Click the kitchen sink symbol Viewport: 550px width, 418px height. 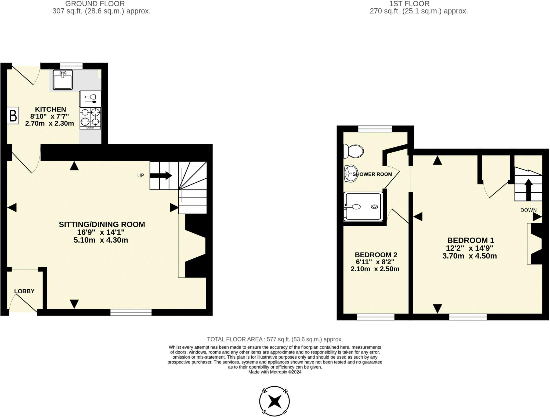tap(63, 80)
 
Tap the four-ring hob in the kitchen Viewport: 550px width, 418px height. tap(90, 118)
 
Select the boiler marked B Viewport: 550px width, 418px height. tap(13, 116)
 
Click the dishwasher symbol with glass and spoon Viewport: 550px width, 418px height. tap(90, 99)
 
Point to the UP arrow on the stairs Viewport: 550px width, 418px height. tap(161, 175)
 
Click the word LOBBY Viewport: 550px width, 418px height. tap(24, 291)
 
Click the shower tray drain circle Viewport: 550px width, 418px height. tap(374, 207)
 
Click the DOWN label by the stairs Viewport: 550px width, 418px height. tap(528, 210)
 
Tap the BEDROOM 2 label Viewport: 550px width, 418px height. tap(376, 255)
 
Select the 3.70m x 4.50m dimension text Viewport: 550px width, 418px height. tap(469, 256)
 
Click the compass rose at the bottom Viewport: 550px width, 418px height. tap(274, 401)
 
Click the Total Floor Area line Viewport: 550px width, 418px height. tap(275, 339)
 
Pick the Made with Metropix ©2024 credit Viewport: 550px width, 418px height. tap(275, 372)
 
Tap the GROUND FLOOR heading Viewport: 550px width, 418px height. tap(95, 4)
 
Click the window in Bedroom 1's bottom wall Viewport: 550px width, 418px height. tap(468, 317)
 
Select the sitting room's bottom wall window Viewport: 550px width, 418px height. tap(131, 312)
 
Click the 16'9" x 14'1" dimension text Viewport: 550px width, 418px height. tap(101, 232)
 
